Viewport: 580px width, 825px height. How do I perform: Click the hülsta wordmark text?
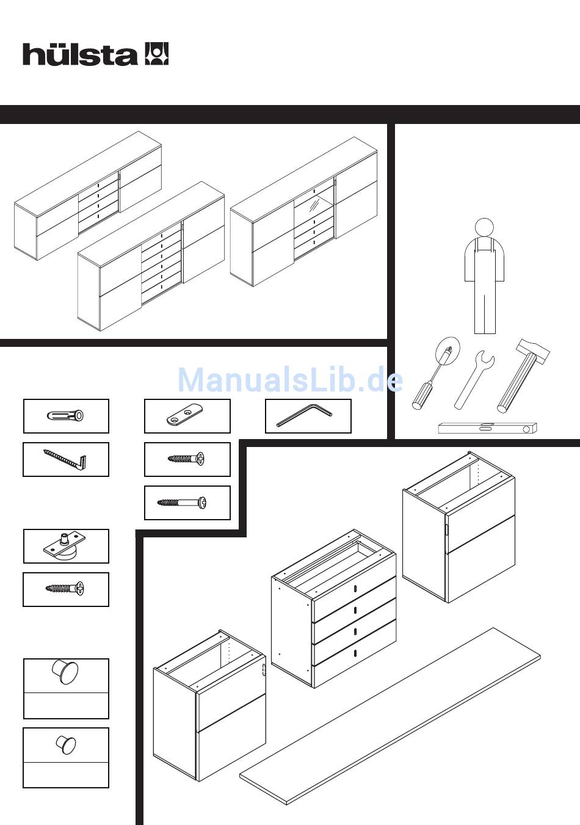coord(79,55)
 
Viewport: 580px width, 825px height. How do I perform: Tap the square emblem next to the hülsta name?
coord(156,54)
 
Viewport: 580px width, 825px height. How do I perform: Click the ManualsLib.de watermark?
coord(290,380)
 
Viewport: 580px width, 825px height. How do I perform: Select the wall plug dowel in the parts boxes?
coord(65,416)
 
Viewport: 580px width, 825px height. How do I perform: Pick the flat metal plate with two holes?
coord(184,415)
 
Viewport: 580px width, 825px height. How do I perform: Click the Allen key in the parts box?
coord(305,415)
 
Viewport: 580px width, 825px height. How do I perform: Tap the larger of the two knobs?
coord(65,672)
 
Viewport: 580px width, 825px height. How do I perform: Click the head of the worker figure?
coord(484,228)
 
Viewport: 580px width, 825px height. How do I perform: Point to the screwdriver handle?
coord(421,396)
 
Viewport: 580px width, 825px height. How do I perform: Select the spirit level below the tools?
coord(487,428)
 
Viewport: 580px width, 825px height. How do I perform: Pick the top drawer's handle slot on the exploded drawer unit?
coord(355,589)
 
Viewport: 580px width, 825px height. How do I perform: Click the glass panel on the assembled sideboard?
coord(314,206)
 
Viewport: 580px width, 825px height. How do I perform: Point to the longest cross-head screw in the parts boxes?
coord(182,503)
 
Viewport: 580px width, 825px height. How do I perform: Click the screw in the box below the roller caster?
coord(65,588)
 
